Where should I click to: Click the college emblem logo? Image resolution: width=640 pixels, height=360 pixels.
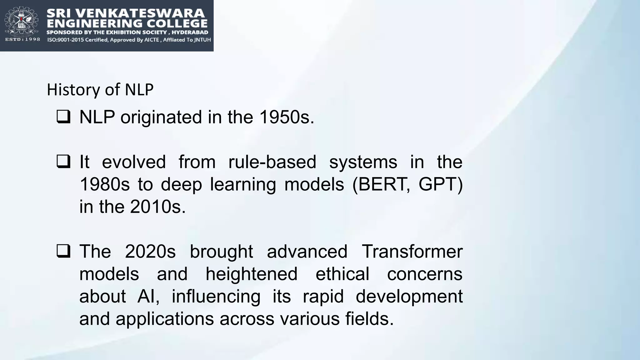coord(21,21)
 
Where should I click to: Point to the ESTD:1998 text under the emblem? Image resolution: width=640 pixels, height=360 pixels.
coord(22,39)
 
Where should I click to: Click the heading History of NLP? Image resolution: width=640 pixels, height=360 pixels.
coord(100,90)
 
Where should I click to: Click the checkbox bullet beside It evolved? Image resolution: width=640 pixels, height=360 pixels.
coord(63,162)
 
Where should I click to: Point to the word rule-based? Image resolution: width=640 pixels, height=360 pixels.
coord(272,162)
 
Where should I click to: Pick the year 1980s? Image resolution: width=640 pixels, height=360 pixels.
coord(104,184)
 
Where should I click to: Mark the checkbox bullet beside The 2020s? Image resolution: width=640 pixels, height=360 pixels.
coord(63,251)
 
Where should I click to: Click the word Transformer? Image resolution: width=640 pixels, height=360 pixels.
coord(412,252)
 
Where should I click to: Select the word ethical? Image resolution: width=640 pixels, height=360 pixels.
coord(342,274)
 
